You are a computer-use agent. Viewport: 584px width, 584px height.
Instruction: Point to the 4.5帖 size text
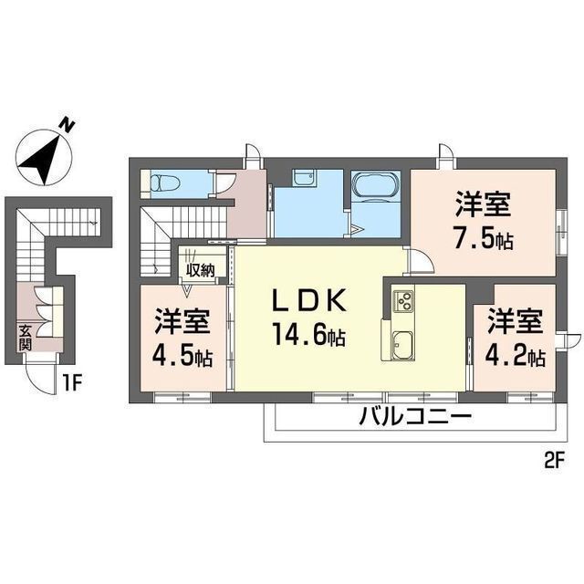click(182, 354)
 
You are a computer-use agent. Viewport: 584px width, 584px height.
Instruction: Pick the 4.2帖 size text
click(516, 354)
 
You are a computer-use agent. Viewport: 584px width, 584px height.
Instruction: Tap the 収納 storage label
click(201, 269)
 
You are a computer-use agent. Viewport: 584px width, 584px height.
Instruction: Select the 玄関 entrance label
click(24, 339)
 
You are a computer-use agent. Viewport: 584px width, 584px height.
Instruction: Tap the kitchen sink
click(402, 345)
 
